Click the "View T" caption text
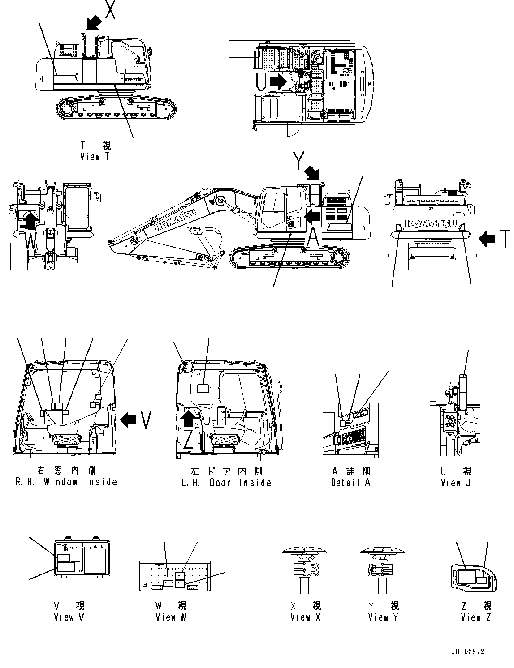[x=95, y=157]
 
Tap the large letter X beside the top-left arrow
[x=110, y=9]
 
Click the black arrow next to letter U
[x=280, y=81]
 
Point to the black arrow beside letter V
[x=129, y=420]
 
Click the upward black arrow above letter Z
[x=189, y=418]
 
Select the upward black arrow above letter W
[x=30, y=221]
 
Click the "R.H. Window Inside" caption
[x=66, y=482]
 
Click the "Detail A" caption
[x=350, y=483]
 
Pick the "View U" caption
[x=456, y=483]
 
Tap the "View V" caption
[x=69, y=617]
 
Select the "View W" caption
[x=171, y=617]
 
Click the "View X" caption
[x=305, y=617]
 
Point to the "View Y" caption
[x=384, y=617]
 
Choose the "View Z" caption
[x=476, y=617]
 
